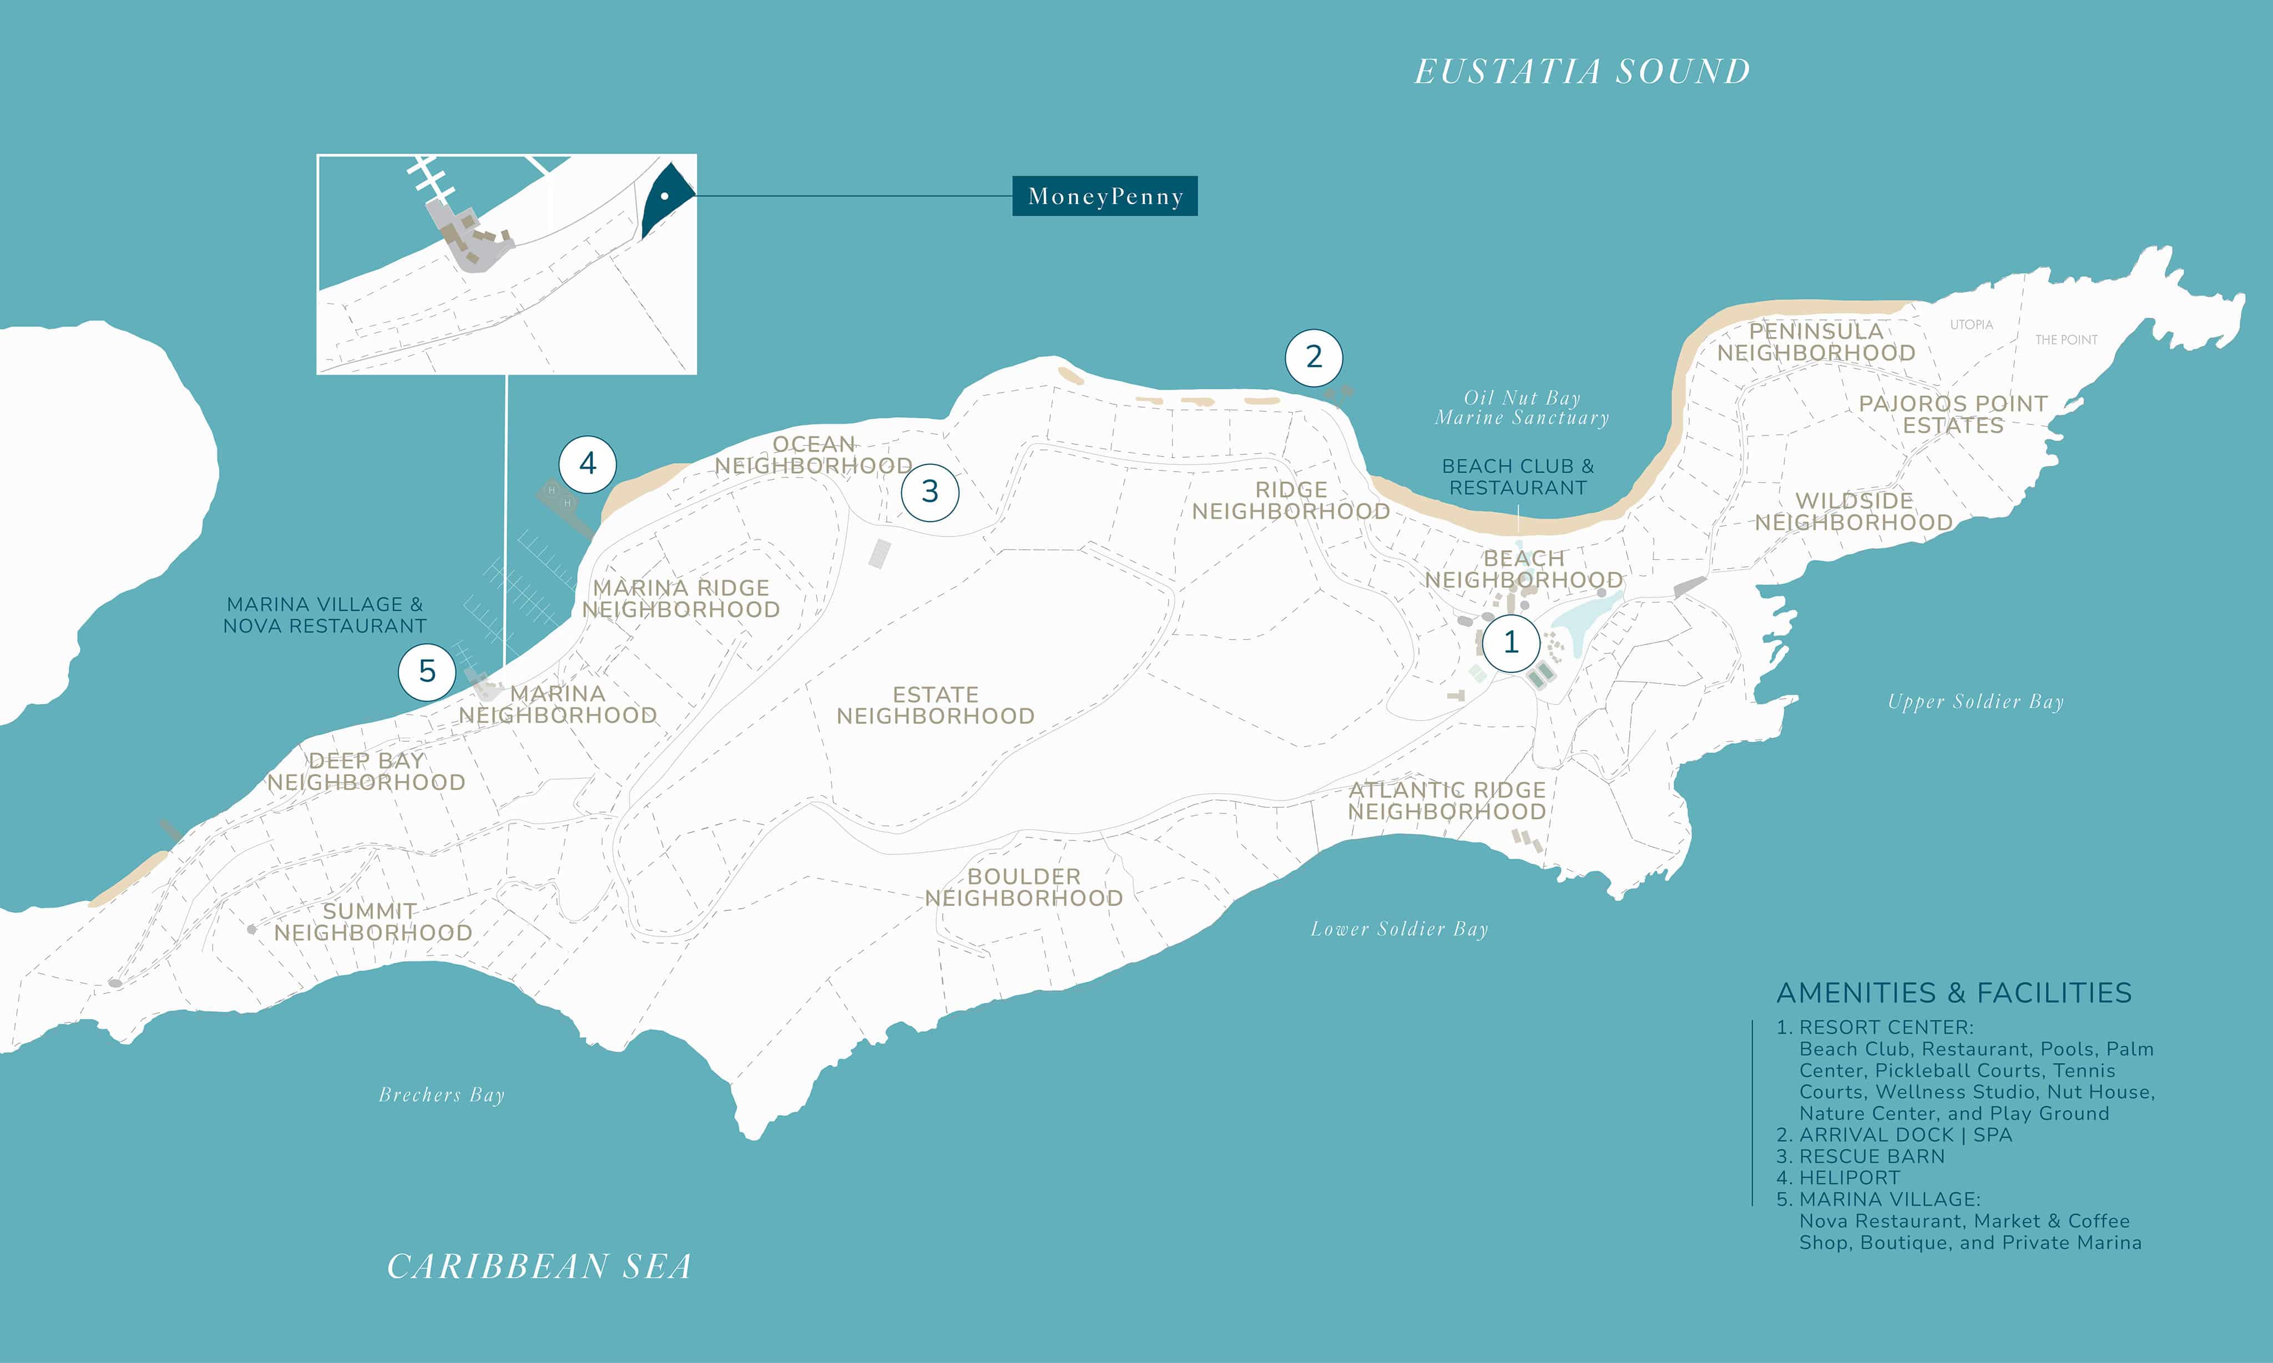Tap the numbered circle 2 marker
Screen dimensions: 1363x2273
tap(1314, 357)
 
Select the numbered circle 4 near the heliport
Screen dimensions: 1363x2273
tap(588, 464)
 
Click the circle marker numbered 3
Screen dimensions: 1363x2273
tap(930, 492)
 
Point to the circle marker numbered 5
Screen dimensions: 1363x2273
tap(427, 671)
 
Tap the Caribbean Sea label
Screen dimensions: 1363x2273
tap(539, 1266)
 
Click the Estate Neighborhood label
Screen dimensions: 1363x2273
tap(935, 706)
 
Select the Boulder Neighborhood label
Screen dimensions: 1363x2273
tap(1023, 887)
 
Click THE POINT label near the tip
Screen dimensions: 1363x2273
tap(2066, 340)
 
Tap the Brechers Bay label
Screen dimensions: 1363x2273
tap(442, 1095)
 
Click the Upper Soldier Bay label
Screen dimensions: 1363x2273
tap(1976, 702)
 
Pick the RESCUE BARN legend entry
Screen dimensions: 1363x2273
tap(1871, 1156)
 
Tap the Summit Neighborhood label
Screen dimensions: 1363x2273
tap(372, 922)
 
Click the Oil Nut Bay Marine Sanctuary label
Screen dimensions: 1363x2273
tap(1522, 408)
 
